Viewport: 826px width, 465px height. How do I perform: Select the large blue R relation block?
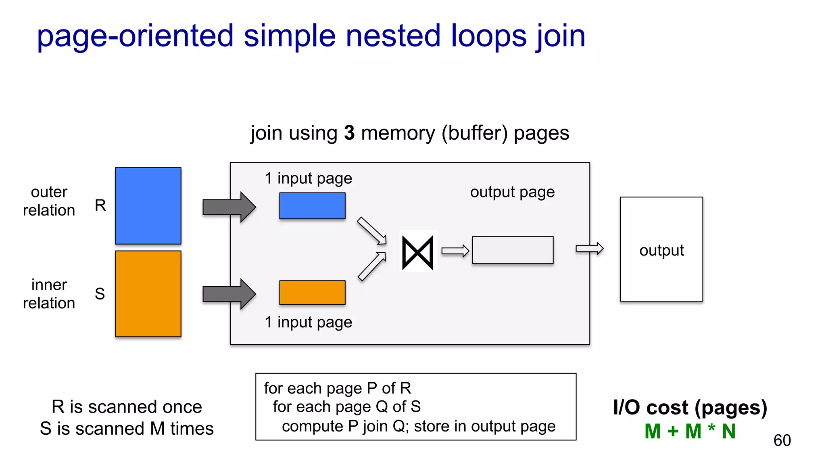(148, 205)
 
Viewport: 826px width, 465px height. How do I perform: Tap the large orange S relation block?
(148, 293)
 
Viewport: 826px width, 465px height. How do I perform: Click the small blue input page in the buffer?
(312, 206)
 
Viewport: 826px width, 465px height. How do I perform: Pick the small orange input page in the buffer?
(312, 292)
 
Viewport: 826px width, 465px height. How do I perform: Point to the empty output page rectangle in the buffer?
(512, 250)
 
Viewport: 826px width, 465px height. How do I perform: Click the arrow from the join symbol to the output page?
(455, 251)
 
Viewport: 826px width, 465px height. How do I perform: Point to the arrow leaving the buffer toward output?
(589, 248)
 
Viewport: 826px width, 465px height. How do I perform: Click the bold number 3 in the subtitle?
(349, 133)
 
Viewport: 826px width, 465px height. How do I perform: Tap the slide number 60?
(782, 440)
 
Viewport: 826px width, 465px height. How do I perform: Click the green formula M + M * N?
(690, 431)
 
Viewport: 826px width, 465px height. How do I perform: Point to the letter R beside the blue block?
(100, 205)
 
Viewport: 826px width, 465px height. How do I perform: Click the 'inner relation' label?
(49, 294)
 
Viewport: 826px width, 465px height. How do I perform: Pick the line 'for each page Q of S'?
(346, 406)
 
